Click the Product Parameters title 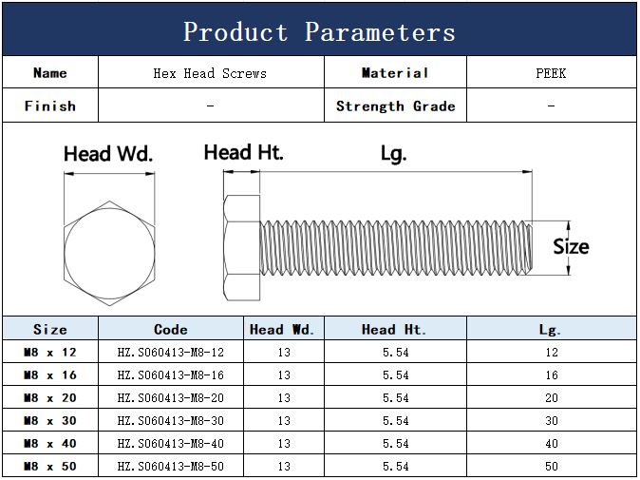319,31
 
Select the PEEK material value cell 551,73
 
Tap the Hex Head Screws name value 210,73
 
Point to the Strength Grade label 396,106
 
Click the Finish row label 49,106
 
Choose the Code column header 171,329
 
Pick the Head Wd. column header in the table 282,329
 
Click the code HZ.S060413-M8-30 171,420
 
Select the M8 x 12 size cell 49,352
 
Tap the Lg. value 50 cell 552,466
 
